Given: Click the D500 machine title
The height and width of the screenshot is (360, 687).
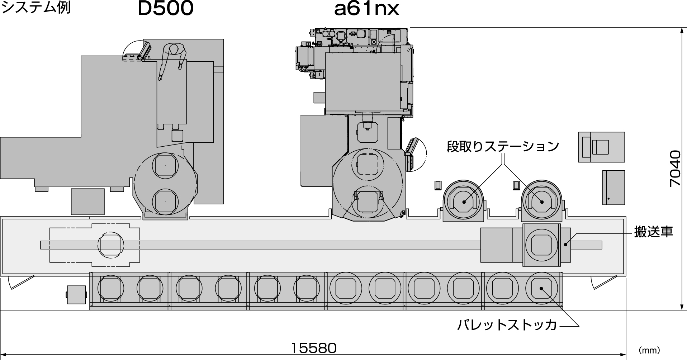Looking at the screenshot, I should point(165,9).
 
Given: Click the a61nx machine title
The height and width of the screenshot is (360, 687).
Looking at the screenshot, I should point(366,9).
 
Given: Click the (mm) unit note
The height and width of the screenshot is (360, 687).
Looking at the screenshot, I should point(649,350).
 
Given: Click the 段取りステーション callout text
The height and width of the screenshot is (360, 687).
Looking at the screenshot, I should point(503,146).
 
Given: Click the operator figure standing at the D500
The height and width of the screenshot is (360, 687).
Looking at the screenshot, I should point(173,59).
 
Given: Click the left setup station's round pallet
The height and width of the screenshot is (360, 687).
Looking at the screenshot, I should point(464,202).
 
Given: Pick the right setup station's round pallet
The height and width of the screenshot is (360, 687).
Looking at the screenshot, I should point(541,202).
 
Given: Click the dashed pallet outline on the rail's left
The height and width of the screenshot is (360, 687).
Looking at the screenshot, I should point(111,245).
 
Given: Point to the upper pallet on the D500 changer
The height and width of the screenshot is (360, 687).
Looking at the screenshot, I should point(165,165).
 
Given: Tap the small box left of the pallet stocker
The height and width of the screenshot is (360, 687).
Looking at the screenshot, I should point(76,295).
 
